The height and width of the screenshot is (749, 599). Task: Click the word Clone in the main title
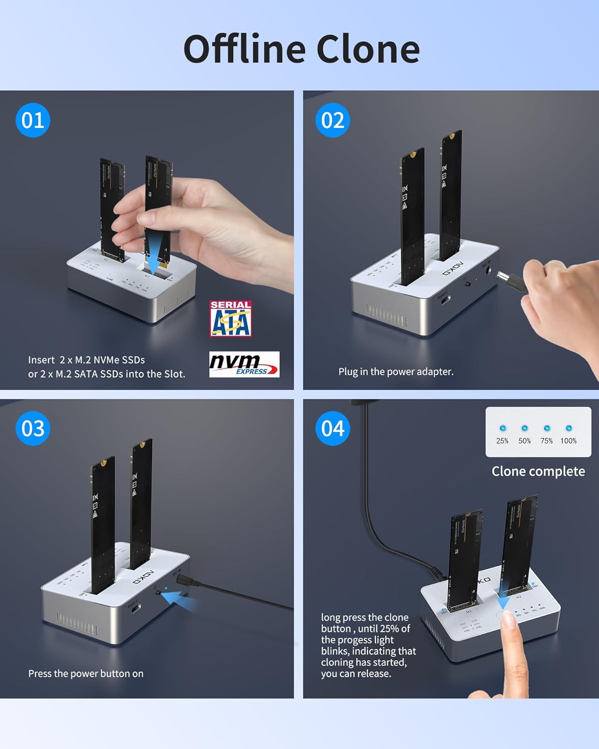368,49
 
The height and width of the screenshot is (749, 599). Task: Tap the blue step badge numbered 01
33,120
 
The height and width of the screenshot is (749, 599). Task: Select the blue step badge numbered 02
332,120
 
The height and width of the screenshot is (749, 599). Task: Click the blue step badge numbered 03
33,428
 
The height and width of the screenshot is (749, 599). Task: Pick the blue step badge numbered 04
332,428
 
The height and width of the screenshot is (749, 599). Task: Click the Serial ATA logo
231,319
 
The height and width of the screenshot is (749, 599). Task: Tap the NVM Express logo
244,364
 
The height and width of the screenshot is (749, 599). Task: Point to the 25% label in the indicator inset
502,441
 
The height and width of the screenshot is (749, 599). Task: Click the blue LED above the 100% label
569,428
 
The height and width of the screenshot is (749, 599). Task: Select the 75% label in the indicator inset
547,441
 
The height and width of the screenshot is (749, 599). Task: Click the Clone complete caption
538,471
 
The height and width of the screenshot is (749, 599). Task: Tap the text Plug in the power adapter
396,372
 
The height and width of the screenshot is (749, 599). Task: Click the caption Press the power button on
86,674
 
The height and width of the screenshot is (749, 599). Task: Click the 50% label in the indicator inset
524,441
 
